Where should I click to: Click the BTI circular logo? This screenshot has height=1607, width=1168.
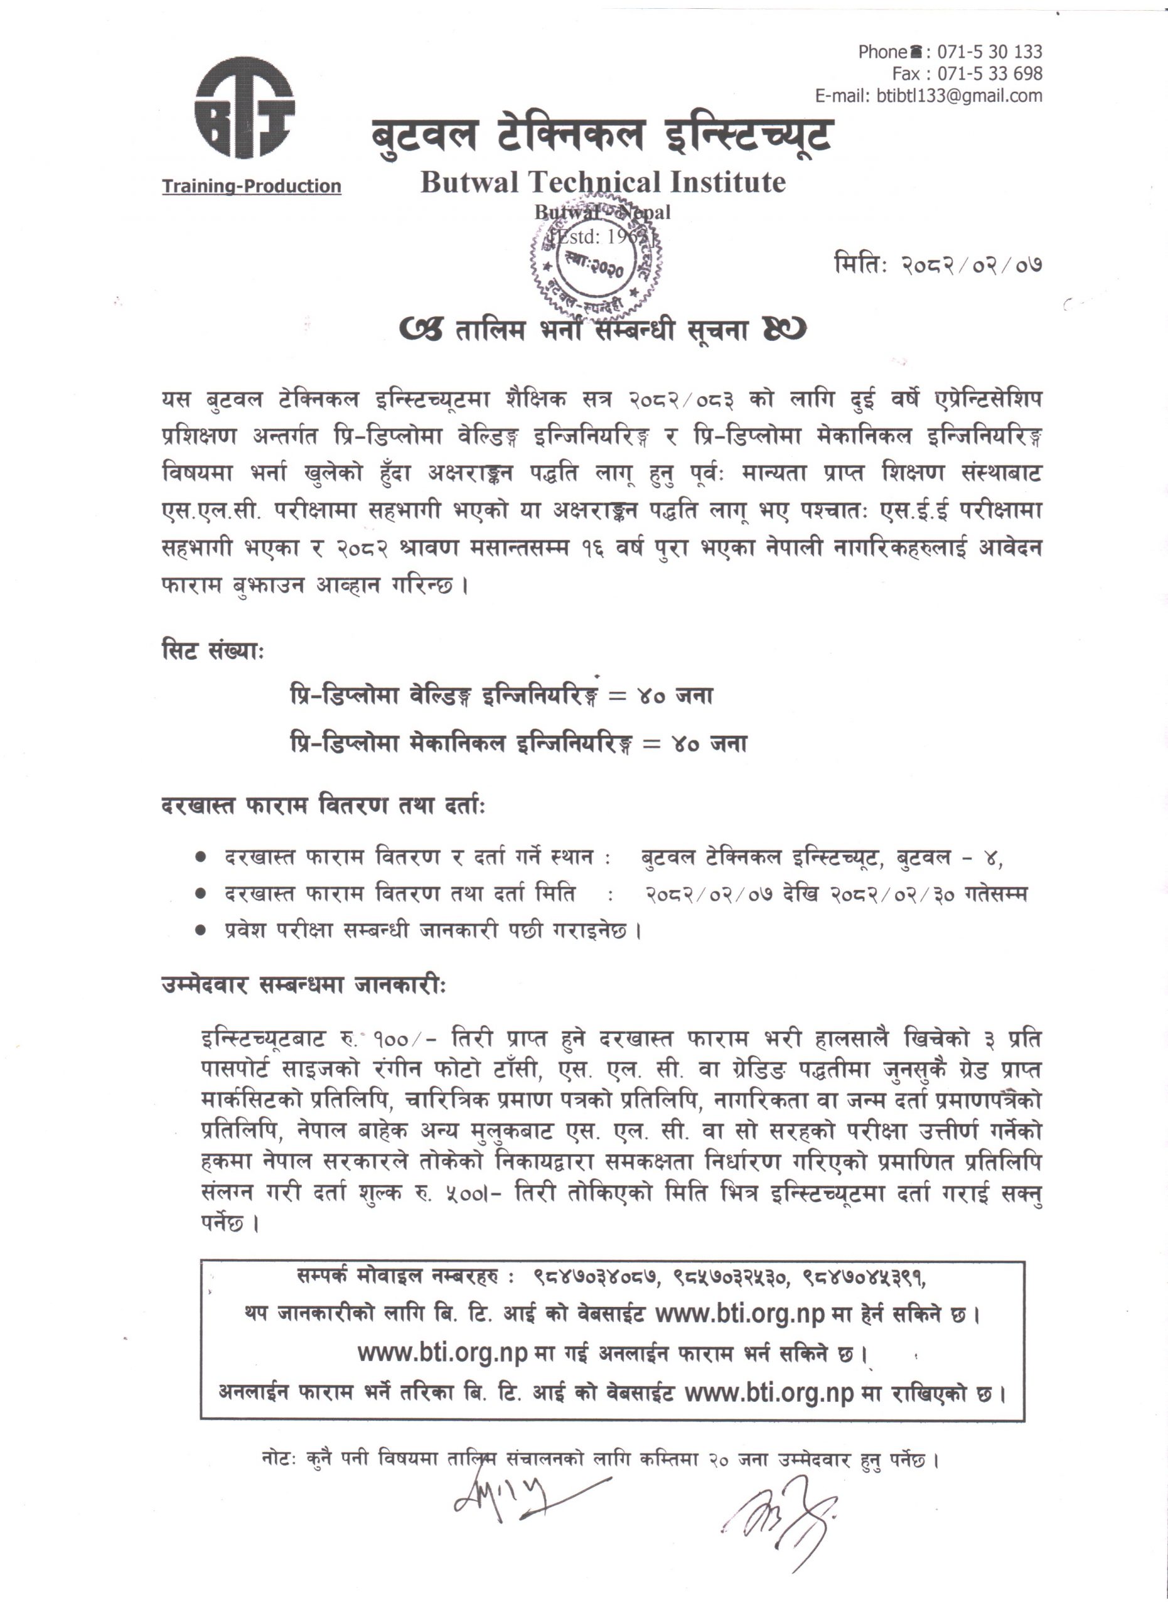tap(244, 106)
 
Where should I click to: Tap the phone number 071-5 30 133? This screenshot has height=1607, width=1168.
tap(990, 51)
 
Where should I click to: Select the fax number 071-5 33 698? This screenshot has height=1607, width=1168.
tap(990, 73)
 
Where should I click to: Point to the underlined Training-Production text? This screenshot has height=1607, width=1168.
tap(252, 186)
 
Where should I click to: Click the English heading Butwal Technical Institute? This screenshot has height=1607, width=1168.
tap(603, 182)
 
